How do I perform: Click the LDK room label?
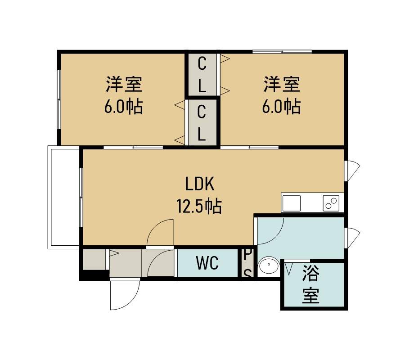click(200, 184)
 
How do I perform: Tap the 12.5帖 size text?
click(199, 206)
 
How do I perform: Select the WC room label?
click(207, 263)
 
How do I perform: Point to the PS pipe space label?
click(247, 263)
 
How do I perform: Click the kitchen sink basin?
click(291, 203)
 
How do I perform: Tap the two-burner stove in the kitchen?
click(331, 203)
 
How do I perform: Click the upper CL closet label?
click(202, 75)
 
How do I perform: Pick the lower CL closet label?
click(202, 124)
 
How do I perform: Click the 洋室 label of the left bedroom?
click(124, 84)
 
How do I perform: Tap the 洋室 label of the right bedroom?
click(282, 84)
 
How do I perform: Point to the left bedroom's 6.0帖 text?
click(123, 106)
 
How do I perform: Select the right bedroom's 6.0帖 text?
click(281, 106)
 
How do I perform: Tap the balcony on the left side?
click(63, 197)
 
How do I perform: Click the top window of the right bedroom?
click(282, 52)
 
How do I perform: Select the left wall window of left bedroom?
click(59, 99)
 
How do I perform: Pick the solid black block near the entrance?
click(94, 275)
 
